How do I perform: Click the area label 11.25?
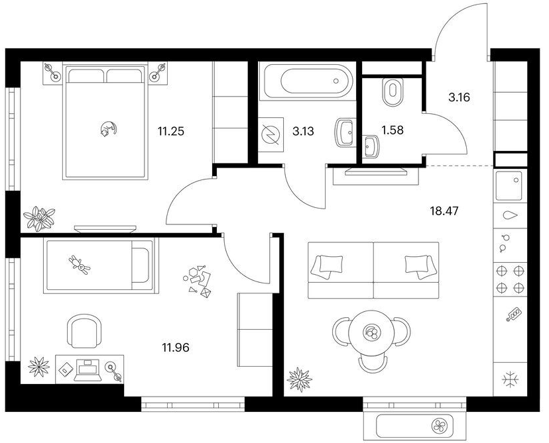click(170, 132)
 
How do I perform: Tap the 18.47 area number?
click(444, 211)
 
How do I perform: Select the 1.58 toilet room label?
click(392, 130)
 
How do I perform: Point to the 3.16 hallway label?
click(459, 97)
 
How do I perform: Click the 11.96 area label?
click(176, 348)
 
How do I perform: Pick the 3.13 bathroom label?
click(303, 132)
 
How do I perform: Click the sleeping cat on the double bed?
click(108, 128)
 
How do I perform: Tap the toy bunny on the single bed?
click(80, 265)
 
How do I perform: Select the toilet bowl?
click(393, 91)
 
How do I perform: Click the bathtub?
click(307, 81)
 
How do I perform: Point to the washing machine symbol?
click(271, 134)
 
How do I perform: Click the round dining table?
click(371, 332)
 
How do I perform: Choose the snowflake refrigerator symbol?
click(510, 380)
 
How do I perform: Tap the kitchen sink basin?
click(509, 185)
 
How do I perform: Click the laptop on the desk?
click(88, 371)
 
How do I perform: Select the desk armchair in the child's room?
click(84, 331)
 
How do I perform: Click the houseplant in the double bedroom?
click(39, 219)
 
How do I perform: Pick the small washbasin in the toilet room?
click(371, 147)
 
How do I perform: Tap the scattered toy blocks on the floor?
click(198, 281)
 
